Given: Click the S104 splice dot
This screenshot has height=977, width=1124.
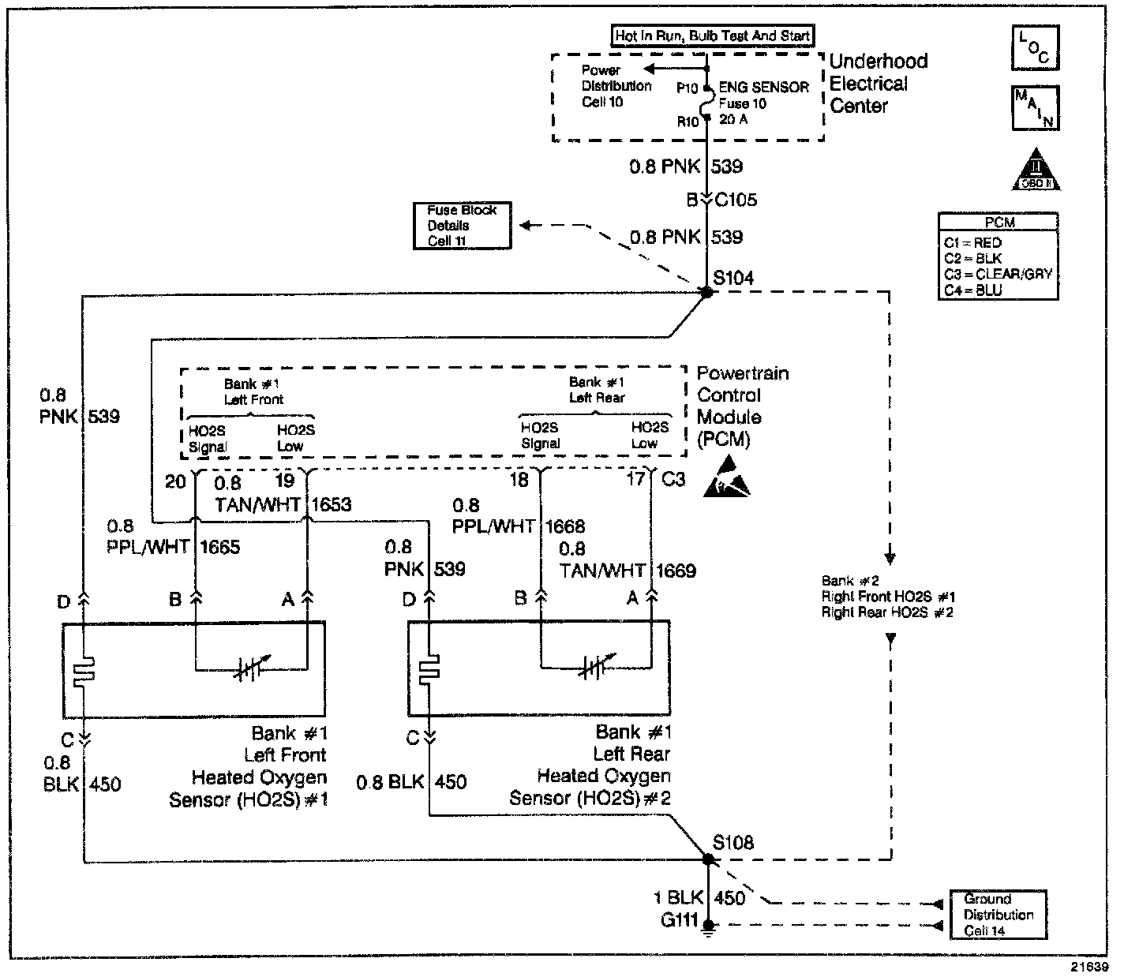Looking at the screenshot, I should tap(706, 292).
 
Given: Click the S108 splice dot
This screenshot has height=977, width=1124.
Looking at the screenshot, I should tap(706, 859).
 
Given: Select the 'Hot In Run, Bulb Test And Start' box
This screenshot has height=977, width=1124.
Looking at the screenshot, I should tap(713, 36).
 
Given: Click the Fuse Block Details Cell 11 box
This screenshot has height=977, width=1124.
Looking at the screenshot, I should tap(462, 226).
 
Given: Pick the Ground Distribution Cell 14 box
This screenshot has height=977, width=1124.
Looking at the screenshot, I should tap(998, 915).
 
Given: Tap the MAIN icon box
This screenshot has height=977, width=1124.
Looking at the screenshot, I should tap(1035, 107).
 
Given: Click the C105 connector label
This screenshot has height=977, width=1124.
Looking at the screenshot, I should tap(735, 200).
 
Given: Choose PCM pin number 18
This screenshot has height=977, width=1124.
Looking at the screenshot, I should tap(519, 480).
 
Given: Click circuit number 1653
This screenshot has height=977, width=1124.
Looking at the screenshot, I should tap(332, 504).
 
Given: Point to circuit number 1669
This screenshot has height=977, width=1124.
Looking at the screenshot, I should tap(676, 571).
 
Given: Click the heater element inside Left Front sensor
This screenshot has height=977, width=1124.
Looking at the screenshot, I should tap(83, 671).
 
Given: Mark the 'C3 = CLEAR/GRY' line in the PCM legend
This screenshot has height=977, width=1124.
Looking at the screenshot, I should tap(998, 275).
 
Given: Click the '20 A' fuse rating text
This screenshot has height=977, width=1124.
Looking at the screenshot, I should tap(733, 119).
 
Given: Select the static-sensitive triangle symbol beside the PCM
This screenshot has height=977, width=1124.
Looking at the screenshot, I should tap(726, 482).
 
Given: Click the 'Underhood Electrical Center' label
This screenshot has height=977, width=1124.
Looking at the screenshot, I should tap(878, 84).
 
